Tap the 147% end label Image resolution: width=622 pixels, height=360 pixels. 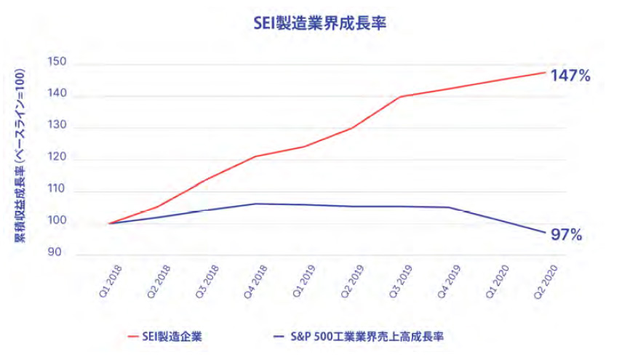pos(570,75)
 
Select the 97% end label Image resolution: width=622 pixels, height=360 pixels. pos(567,235)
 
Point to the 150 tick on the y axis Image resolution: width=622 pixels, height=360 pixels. pos(57,63)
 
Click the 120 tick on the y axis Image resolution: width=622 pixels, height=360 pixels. pos(57,159)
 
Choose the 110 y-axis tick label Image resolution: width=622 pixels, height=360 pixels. pos(57,191)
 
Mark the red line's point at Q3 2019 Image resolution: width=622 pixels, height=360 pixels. pos(400,97)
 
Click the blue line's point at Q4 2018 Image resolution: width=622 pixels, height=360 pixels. pos(255,204)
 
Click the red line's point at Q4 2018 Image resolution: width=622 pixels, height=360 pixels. pos(255,156)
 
